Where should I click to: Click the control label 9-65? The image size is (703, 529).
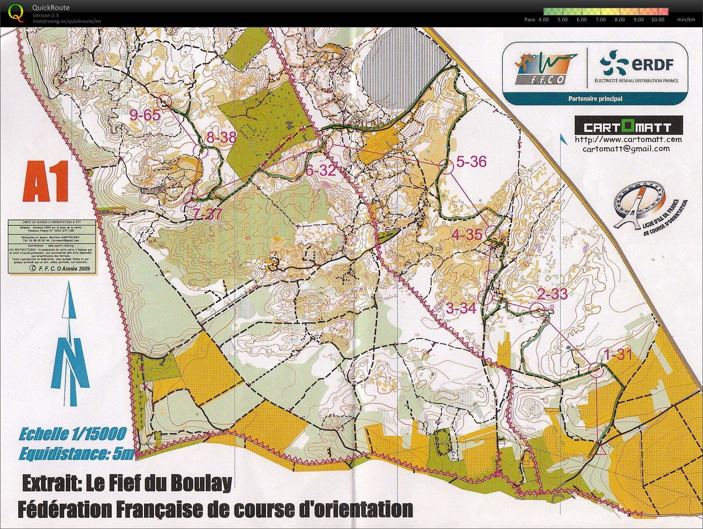click(x=144, y=115)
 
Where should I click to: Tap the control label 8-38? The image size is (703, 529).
click(x=221, y=137)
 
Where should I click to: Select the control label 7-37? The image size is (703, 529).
click(x=208, y=214)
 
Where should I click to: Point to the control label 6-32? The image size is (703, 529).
click(x=320, y=170)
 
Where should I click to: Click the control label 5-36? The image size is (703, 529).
click(x=471, y=162)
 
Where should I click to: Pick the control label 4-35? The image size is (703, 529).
click(x=467, y=235)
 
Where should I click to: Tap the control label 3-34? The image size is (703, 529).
click(x=461, y=308)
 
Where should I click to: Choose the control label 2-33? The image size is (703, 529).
click(x=552, y=294)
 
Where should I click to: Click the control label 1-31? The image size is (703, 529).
click(x=618, y=355)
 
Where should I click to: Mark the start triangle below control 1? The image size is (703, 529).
click(x=601, y=450)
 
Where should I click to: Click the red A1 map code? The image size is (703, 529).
click(x=46, y=181)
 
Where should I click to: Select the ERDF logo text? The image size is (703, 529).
click(x=652, y=65)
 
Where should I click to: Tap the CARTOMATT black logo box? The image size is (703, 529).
click(x=628, y=126)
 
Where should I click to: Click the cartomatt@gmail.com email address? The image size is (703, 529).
click(x=626, y=149)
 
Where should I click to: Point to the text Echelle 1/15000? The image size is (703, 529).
click(x=72, y=434)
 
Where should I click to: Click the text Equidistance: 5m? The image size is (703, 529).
click(x=77, y=454)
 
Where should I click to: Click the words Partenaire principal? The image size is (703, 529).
click(x=595, y=99)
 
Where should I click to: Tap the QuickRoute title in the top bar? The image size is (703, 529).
click(x=51, y=7)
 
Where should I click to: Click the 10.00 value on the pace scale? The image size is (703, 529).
click(x=657, y=19)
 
